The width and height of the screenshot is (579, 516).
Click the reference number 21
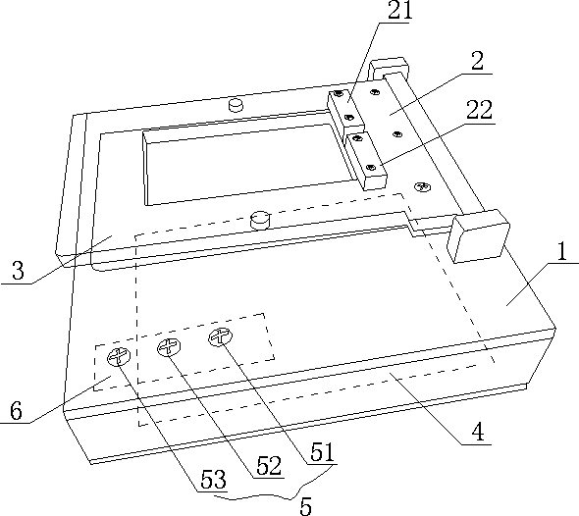(x=400, y=11)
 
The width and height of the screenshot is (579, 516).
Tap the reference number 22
(x=479, y=110)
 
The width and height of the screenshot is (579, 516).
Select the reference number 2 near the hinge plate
(x=478, y=61)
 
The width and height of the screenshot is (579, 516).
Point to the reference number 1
(x=561, y=252)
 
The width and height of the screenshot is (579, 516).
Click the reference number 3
(x=18, y=270)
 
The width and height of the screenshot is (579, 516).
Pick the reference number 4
(x=478, y=431)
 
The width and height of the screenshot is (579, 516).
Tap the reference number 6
(x=16, y=410)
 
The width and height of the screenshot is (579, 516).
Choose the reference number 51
(x=322, y=452)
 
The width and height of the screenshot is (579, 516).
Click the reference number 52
(x=269, y=466)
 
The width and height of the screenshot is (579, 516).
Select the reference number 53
(x=213, y=480)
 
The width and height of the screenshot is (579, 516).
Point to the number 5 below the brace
(x=306, y=506)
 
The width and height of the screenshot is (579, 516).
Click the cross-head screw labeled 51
(x=221, y=337)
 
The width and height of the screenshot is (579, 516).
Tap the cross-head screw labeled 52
(x=169, y=347)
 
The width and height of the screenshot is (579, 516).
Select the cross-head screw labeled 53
(x=119, y=357)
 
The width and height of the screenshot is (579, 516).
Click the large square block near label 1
(x=478, y=236)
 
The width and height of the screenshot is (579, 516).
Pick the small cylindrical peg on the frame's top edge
(x=236, y=105)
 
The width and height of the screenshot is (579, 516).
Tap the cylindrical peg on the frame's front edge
(x=260, y=220)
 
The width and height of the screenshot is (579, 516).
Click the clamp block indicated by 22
(x=366, y=161)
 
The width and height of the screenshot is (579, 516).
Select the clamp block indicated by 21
(x=344, y=112)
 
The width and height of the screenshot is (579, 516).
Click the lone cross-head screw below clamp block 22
(x=422, y=186)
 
